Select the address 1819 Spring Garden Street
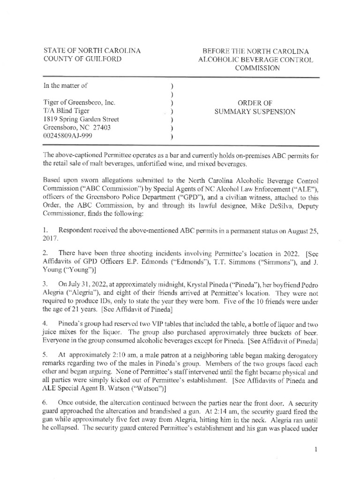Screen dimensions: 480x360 81,120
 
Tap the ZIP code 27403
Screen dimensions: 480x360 110,128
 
